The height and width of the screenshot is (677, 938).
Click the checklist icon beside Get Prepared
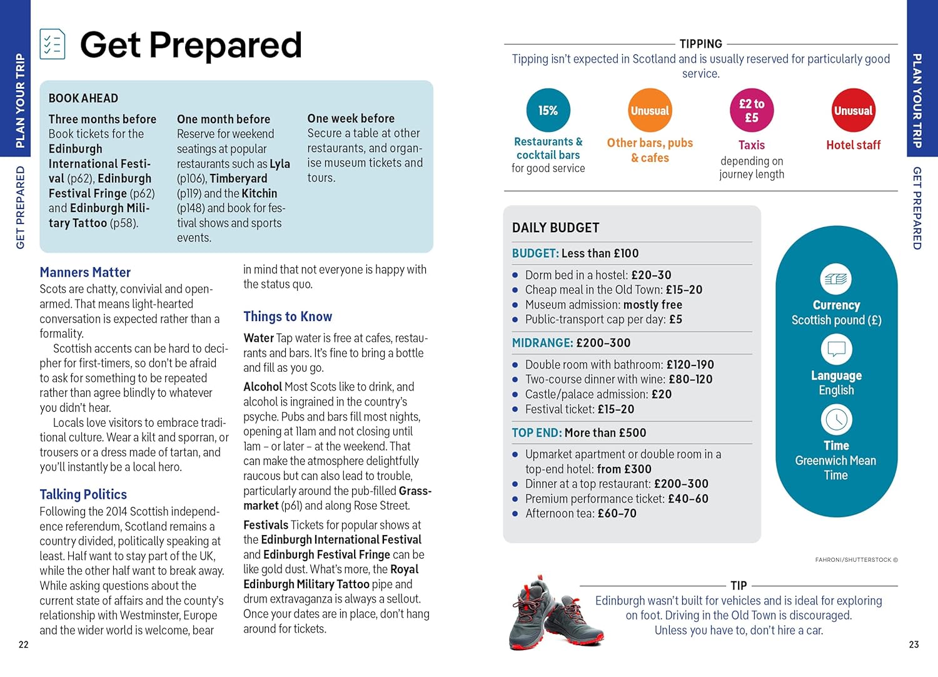click(53, 44)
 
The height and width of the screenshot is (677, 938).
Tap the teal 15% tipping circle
click(548, 110)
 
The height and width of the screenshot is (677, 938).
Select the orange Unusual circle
click(650, 111)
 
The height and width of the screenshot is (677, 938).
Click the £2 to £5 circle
click(752, 111)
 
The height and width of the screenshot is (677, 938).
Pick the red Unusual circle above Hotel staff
click(853, 111)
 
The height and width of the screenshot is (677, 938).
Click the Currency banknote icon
click(836, 279)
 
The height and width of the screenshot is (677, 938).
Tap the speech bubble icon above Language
click(836, 349)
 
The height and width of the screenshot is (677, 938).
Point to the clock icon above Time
click(836, 420)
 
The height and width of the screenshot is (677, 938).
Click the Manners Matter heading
click(85, 272)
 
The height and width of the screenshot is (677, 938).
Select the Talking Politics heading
click(83, 494)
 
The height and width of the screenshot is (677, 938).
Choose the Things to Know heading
click(288, 317)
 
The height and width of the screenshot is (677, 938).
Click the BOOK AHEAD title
click(83, 98)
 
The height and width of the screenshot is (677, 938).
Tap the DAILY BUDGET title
click(555, 228)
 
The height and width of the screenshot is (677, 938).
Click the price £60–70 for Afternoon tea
click(617, 514)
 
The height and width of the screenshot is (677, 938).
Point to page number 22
click(24, 644)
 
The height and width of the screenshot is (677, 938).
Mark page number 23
click(914, 644)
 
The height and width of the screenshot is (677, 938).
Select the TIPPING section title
click(700, 44)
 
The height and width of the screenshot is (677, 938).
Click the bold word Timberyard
click(238, 178)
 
